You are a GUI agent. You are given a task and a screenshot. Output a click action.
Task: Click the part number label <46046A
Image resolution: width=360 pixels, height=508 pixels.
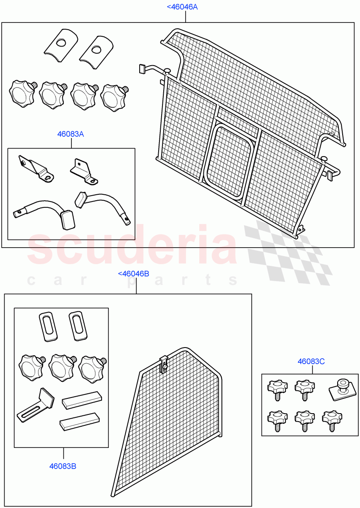tap(182, 7)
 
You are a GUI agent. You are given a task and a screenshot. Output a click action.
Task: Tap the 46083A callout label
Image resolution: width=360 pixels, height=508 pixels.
tap(71, 134)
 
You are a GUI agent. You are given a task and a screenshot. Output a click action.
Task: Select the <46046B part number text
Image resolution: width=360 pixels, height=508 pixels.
tap(133, 274)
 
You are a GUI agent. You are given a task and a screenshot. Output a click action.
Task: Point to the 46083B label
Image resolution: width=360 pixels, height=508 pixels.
tap(63, 466)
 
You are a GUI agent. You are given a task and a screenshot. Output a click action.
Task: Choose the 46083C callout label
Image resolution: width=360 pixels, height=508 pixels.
tap(311, 362)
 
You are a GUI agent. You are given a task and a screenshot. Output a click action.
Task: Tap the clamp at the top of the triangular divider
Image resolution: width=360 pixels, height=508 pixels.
tap(163, 364)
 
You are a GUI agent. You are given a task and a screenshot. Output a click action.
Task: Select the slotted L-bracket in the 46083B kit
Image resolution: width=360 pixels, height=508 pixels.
tap(37, 405)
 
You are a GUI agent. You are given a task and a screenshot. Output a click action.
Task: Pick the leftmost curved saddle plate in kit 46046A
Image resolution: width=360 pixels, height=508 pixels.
tap(60, 42)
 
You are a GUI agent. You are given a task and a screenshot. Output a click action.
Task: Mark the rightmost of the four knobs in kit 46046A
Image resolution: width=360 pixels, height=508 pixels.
tap(114, 97)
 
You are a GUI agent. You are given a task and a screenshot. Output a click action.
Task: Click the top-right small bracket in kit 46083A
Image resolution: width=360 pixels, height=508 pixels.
tap(84, 171)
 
